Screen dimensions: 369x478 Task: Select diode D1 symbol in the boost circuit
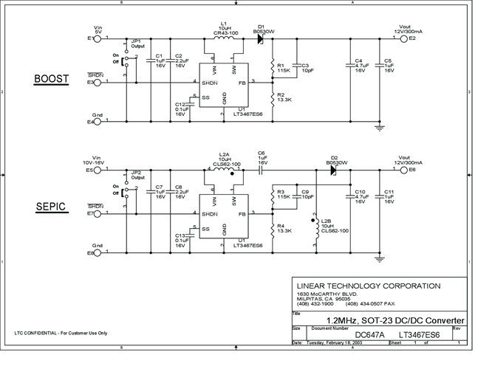tap(261, 38)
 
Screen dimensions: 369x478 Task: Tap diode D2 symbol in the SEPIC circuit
tap(332, 169)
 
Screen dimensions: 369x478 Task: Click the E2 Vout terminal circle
tap(403, 38)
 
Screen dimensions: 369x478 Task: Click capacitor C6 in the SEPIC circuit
tap(261, 169)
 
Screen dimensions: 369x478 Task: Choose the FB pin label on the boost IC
tap(241, 83)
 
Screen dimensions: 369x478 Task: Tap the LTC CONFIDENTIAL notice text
tap(61, 334)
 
